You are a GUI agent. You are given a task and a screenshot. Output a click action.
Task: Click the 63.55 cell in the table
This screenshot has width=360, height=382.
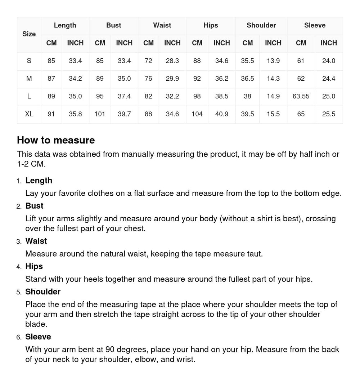coord(301,96)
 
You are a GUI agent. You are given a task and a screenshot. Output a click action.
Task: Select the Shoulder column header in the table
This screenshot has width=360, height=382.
coord(261,25)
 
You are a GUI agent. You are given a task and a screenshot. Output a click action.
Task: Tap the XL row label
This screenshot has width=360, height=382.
coord(29,114)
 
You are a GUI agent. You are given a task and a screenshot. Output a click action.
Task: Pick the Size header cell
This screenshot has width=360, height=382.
coord(29,34)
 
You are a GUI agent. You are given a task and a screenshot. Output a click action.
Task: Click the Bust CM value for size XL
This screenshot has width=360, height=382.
coord(100,114)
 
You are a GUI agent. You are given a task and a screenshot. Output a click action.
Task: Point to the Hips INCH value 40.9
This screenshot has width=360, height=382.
coord(221,114)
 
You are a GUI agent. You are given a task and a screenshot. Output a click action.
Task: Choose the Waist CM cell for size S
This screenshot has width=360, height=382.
coord(148,61)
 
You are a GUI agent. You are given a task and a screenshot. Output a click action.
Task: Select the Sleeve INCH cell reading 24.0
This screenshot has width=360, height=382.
coord(329,61)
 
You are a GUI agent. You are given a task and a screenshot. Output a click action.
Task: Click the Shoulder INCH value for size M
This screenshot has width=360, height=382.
coord(273,79)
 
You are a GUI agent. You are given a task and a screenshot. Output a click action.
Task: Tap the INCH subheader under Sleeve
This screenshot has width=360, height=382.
coord(329,43)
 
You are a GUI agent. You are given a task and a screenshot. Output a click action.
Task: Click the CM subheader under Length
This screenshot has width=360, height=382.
coord(51,43)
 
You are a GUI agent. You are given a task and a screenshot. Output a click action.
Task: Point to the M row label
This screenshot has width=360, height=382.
coord(29,79)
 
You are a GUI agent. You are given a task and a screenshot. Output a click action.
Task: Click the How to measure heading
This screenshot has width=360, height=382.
coord(56,140)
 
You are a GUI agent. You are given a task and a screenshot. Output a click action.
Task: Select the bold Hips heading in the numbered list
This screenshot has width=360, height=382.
coord(34,266)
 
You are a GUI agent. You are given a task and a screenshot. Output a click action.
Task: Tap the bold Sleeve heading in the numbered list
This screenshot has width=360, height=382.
coord(38,337)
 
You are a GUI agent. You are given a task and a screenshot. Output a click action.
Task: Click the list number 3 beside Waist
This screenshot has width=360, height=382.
coord(19,241)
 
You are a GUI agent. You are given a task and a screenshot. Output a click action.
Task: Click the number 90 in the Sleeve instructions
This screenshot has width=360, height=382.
coord(111,350)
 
